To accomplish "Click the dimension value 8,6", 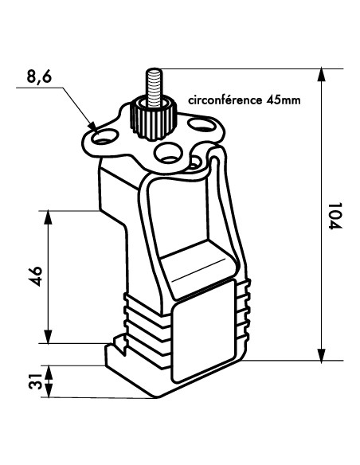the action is point(39,76).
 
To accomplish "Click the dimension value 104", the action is point(335,216).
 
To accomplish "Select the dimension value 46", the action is point(36,276).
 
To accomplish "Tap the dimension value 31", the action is point(36,381).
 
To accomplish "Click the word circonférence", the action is point(225,100).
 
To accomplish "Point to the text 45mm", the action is point(284,100).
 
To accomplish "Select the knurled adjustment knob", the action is point(153,120).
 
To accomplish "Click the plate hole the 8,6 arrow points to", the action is point(104,136).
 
